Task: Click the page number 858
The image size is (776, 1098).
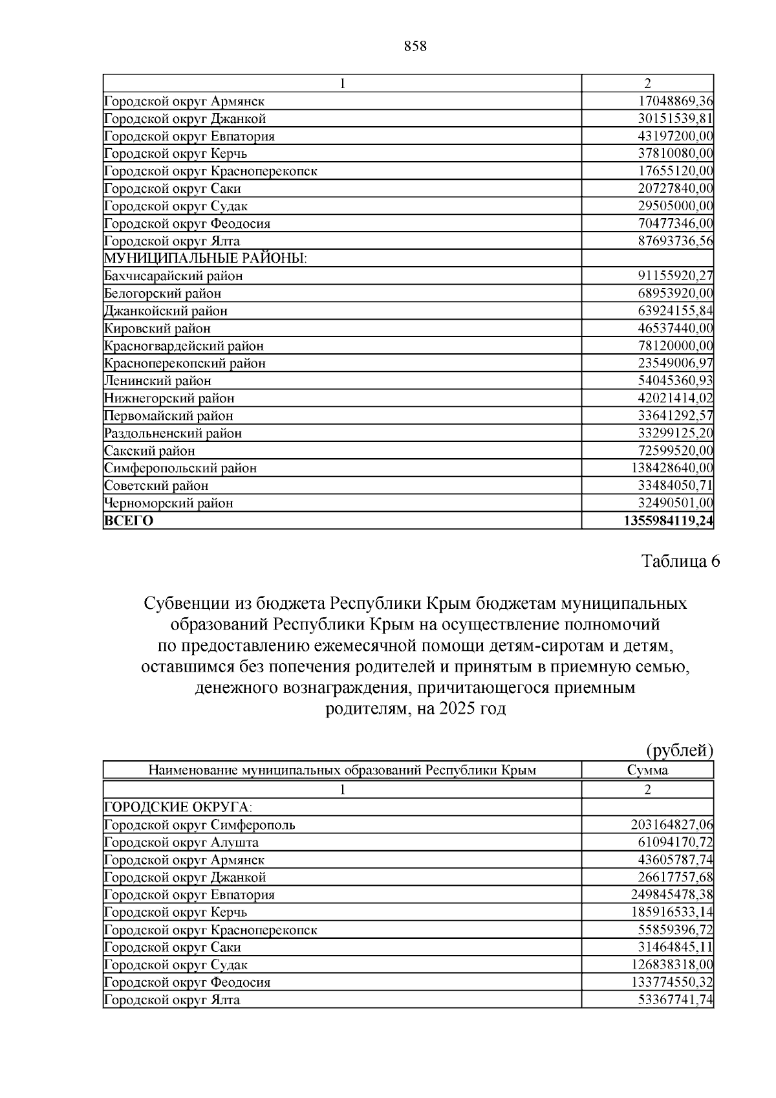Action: pyautogui.click(x=415, y=46)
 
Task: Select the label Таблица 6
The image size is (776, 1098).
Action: pyautogui.click(x=680, y=561)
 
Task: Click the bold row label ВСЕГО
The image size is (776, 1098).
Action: pyautogui.click(x=129, y=521)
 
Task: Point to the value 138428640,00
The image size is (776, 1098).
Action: pyautogui.click(x=672, y=468)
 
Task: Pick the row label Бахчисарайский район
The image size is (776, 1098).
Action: pyautogui.click(x=173, y=276)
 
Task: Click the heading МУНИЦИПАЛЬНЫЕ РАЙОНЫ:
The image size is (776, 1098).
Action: pyautogui.click(x=205, y=258)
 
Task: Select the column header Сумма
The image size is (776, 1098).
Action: pyautogui.click(x=647, y=770)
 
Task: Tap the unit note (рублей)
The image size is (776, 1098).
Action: pyautogui.click(x=680, y=751)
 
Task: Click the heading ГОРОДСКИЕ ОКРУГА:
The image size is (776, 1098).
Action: pyautogui.click(x=178, y=807)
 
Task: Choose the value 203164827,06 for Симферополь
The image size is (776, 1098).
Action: pyautogui.click(x=672, y=824)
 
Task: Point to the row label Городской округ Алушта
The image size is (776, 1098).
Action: pyautogui.click(x=181, y=842)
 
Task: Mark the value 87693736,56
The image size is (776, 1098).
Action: pyautogui.click(x=675, y=241)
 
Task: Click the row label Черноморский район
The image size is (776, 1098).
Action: pyautogui.click(x=168, y=503)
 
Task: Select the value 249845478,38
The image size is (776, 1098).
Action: pyautogui.click(x=672, y=894)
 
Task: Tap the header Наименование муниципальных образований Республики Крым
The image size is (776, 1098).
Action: pyautogui.click(x=342, y=770)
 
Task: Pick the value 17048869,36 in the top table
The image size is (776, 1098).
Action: pyautogui.click(x=675, y=101)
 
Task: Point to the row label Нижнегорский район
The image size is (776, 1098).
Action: pyautogui.click(x=169, y=398)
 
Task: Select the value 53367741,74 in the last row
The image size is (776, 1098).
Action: pyautogui.click(x=675, y=999)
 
